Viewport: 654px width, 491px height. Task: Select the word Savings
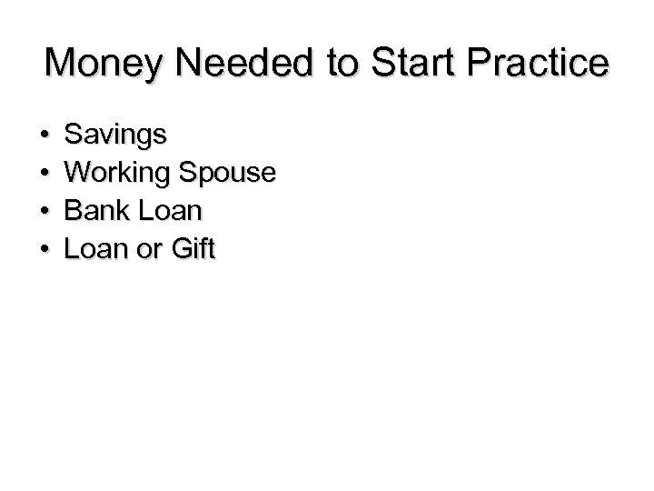(115, 136)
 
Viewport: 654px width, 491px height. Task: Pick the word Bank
(93, 211)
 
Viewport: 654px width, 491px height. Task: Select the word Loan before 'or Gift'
(96, 248)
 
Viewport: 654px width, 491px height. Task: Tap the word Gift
(193, 248)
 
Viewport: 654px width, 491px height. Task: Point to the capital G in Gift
(179, 248)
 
